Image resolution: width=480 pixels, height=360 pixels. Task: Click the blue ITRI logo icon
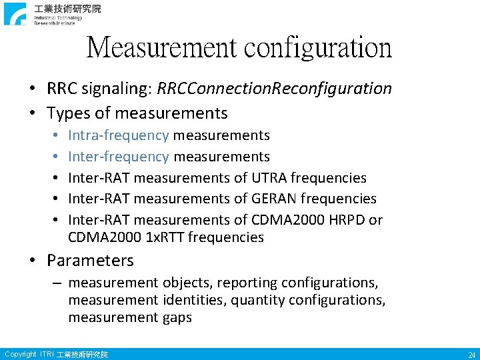[x=15, y=13]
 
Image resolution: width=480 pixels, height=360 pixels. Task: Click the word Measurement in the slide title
[x=161, y=47]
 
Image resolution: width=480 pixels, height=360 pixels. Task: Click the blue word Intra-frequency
[x=119, y=135]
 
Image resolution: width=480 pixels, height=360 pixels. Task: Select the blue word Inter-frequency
[x=119, y=157]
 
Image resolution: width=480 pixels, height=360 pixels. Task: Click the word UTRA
[x=269, y=178]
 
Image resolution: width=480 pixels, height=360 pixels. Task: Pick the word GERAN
[x=274, y=199]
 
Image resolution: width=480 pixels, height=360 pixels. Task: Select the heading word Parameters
[x=90, y=261]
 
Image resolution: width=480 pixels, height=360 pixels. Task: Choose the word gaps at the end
[x=177, y=317]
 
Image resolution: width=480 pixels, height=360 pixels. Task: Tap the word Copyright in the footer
[x=20, y=354]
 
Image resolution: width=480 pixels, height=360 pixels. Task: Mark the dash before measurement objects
[x=59, y=283]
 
